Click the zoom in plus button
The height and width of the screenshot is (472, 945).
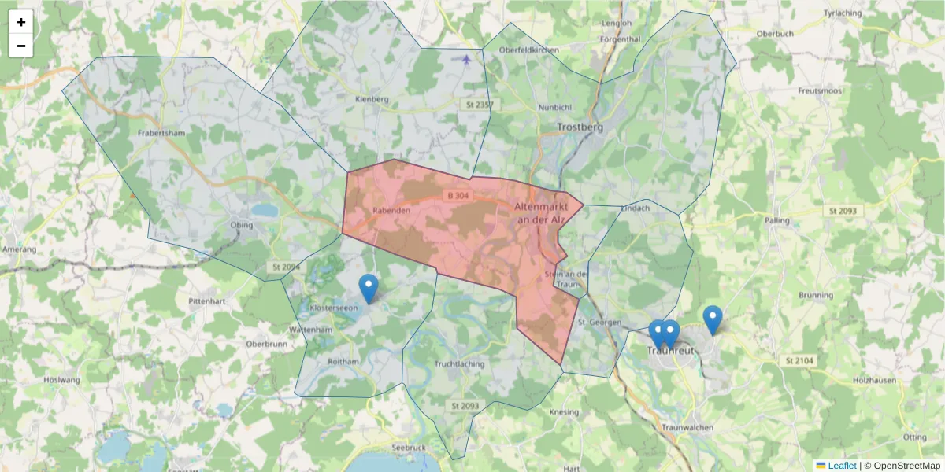(21, 22)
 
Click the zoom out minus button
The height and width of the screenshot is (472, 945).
(21, 46)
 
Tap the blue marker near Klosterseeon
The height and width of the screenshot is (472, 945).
(368, 289)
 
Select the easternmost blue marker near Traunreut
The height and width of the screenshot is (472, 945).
(713, 319)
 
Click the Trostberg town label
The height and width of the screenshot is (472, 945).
(580, 127)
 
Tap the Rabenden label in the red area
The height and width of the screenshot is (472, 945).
(392, 211)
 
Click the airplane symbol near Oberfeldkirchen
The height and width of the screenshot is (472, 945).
(467, 58)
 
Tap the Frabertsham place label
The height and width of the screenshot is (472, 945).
(161, 133)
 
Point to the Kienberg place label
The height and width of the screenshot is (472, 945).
(372, 99)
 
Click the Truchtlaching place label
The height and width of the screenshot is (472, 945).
(459, 364)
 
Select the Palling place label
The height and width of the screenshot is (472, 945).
(776, 221)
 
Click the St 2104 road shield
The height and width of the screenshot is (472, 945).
(799, 360)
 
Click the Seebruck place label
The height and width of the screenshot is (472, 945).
(408, 448)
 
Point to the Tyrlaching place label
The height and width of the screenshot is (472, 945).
(843, 13)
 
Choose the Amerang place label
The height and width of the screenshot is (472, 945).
(19, 249)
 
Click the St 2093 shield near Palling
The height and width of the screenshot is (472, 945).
(842, 211)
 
